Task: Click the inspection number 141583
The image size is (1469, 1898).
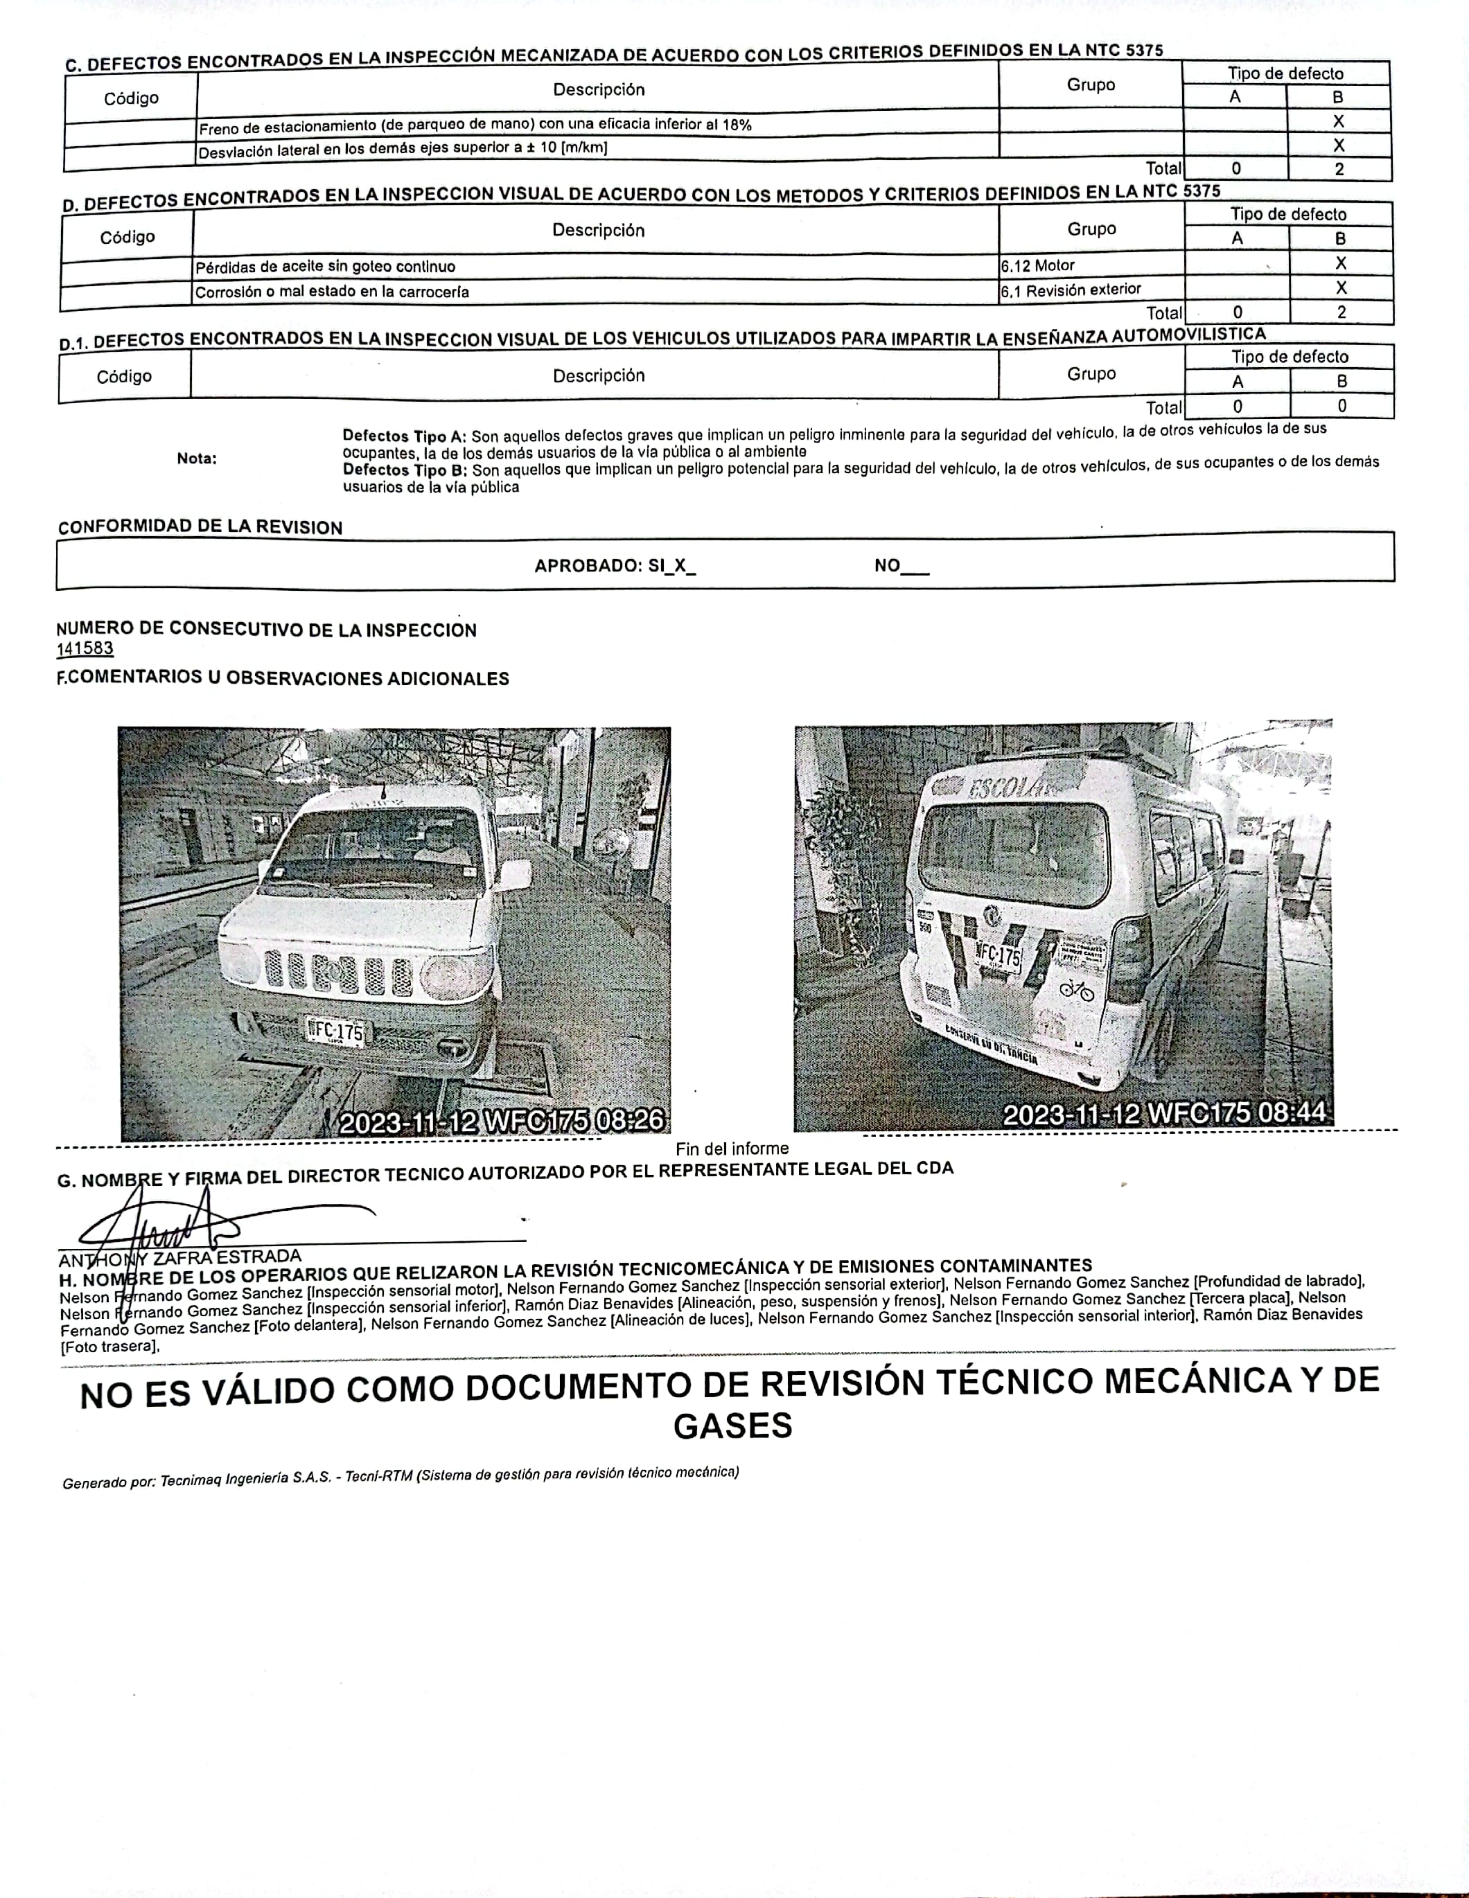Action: coord(85,648)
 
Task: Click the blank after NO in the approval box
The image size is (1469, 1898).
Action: coord(915,567)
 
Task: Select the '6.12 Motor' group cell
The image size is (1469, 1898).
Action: coord(1038,266)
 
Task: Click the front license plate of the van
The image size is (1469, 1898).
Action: coord(335,1031)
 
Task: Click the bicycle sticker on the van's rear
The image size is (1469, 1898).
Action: coord(1076,989)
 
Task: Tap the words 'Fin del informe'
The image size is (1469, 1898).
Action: coord(732,1149)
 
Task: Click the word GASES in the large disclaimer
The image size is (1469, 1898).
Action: coord(732,1426)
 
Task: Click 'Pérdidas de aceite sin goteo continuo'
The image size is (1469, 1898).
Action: coord(325,267)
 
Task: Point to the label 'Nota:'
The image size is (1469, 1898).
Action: coord(197,458)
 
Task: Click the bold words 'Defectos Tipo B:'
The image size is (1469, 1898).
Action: coord(405,470)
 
